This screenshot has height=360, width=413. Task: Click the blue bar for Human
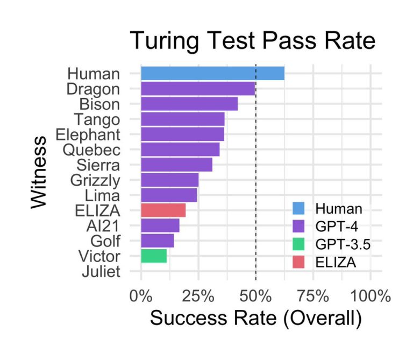[x=212, y=73]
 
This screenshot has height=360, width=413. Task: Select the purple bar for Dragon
[x=198, y=88]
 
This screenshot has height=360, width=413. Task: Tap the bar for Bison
[x=189, y=103]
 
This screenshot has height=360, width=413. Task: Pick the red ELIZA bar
[x=163, y=210]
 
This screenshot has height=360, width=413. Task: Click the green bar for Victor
[x=154, y=256]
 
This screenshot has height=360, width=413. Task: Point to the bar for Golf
[x=157, y=241]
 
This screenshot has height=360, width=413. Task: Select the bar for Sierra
[x=176, y=164]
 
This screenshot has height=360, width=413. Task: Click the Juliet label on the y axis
[x=101, y=271]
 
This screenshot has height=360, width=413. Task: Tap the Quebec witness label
[x=91, y=150]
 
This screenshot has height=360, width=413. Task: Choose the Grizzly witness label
[x=95, y=180]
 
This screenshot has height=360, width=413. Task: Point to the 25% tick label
[x=198, y=295]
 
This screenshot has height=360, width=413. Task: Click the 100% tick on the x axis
[x=370, y=295]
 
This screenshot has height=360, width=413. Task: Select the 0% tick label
[x=141, y=295]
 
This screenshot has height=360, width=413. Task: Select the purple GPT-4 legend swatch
[x=299, y=227]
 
